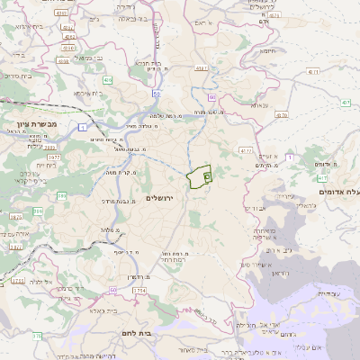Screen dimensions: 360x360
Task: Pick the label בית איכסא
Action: (x=93, y=93)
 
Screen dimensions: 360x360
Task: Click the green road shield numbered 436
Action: (x=108, y=79)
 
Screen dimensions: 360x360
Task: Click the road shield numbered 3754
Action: (x=139, y=292)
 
